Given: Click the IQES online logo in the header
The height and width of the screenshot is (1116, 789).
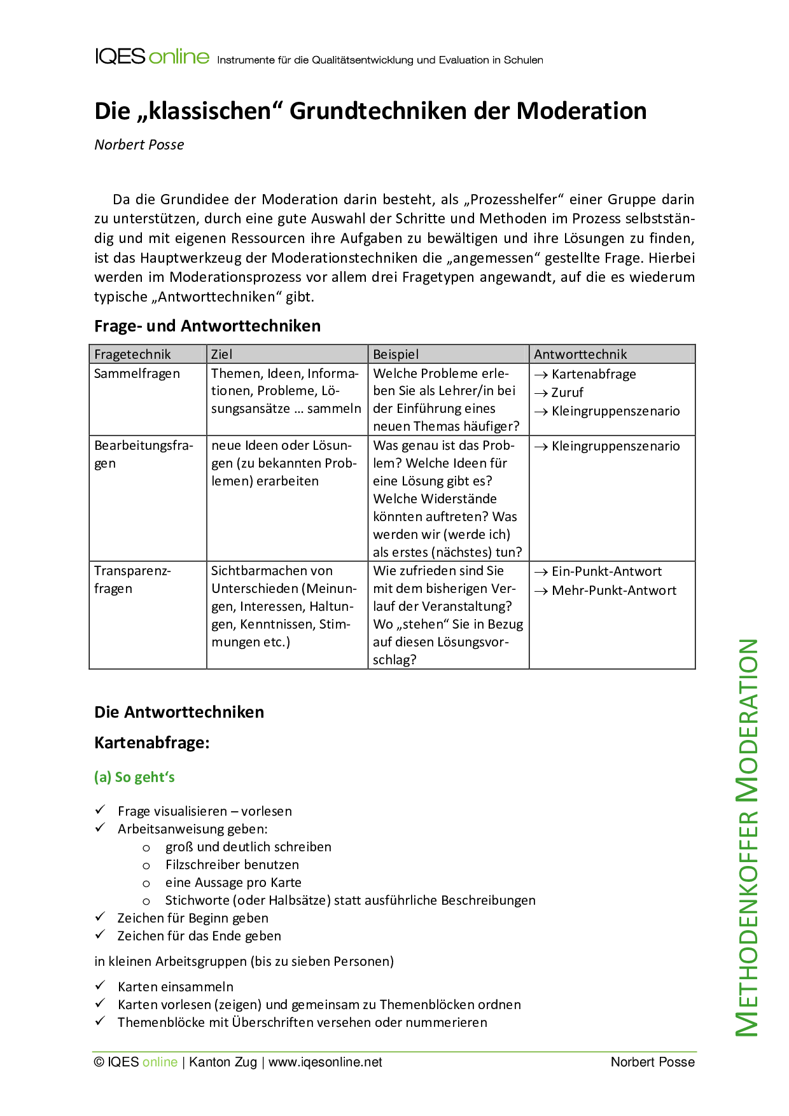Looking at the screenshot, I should point(151,57).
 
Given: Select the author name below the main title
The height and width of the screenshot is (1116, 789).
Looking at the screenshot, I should point(139,144).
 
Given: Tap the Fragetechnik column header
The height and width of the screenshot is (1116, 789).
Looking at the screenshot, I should point(132,354).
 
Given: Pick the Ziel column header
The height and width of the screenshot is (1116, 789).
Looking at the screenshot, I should point(221,354).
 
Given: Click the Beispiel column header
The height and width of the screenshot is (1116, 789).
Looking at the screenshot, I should point(395,354).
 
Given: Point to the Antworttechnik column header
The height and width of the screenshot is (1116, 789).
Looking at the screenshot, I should point(580,354).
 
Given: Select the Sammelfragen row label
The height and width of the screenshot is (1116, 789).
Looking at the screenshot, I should point(137,373).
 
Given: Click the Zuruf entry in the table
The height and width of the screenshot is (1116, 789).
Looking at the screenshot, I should point(567,393).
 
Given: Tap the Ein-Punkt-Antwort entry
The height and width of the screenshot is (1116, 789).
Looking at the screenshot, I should point(606,571).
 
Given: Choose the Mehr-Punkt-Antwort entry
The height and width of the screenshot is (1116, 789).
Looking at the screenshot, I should point(613,590).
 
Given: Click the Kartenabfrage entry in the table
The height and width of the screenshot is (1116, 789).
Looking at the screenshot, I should point(593,374).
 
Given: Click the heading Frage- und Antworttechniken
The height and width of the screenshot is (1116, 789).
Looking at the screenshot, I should point(207,326).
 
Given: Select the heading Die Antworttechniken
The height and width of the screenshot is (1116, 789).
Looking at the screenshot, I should point(179,712).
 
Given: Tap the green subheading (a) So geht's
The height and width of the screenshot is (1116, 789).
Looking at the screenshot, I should point(134,777).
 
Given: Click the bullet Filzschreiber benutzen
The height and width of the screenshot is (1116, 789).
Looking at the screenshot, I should point(232,865).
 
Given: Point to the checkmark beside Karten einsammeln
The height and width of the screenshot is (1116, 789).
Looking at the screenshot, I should point(100,986).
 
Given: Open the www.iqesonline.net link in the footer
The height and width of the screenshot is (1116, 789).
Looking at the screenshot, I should point(325,1062).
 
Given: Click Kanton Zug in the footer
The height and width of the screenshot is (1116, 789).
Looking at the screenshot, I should point(223,1062).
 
